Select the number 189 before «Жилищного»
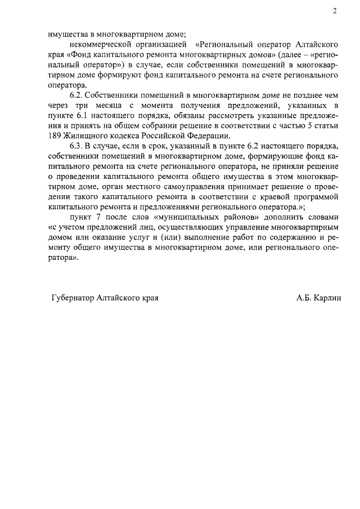tap(56, 136)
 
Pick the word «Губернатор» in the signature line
tap(72, 298)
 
